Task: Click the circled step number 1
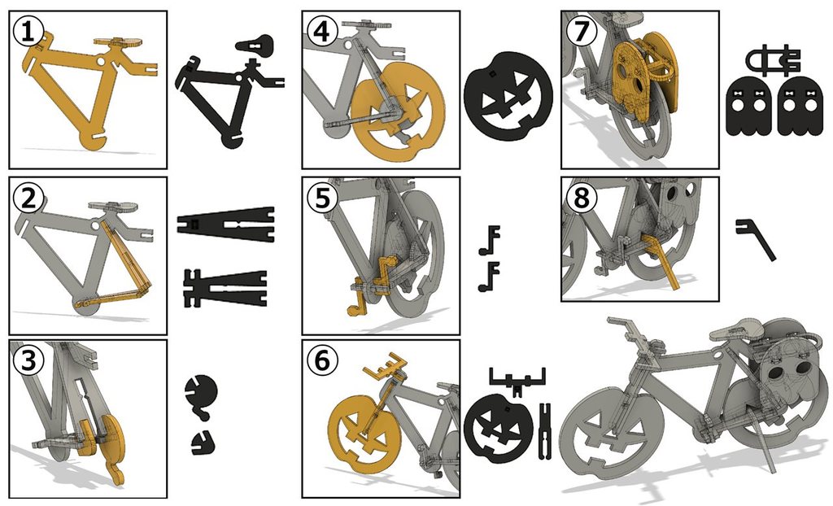coord(27,32)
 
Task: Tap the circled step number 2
coord(28,198)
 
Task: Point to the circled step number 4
coord(322,32)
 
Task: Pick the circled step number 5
coord(322,198)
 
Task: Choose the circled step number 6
coord(322,360)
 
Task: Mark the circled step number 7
coord(582,32)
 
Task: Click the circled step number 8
coord(582,198)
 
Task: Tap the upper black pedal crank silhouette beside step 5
coord(490,240)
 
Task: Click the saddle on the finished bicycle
coord(737,329)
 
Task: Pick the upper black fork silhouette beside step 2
coord(226,224)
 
